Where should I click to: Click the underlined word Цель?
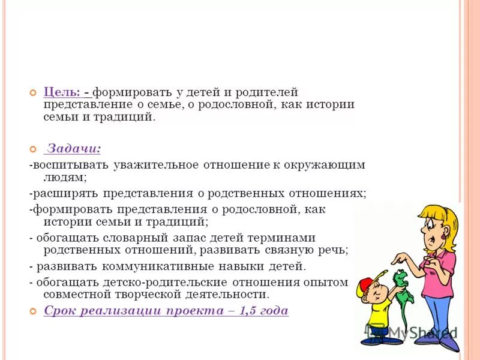click(62, 92)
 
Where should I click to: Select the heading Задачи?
click(74, 148)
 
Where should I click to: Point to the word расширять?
click(64, 194)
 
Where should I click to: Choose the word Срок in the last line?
click(59, 311)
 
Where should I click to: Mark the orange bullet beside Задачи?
click(33, 148)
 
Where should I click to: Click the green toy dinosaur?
click(401, 287)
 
